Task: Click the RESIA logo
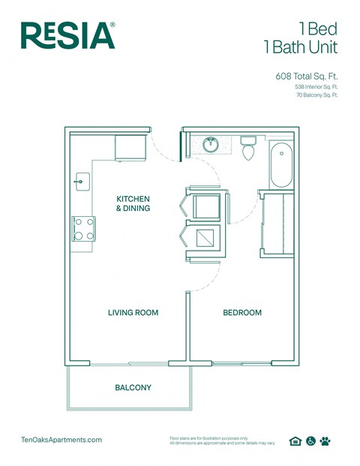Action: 68,35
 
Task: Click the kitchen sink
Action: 82,181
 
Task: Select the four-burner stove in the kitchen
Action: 83,228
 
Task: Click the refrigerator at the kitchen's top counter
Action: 130,147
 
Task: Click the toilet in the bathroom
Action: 249,148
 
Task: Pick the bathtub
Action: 283,165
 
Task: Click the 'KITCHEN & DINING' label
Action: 133,203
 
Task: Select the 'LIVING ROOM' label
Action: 133,312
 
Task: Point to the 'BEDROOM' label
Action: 242,312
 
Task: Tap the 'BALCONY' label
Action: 133,388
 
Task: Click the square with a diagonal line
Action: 205,239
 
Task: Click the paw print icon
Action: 325,441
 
